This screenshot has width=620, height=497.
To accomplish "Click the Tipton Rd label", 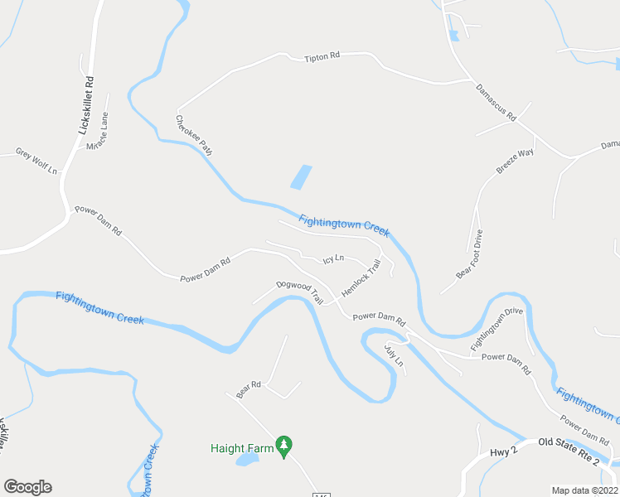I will click(322, 57).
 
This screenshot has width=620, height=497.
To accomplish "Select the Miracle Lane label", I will click(98, 133).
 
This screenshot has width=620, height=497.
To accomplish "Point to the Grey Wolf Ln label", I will click(36, 161).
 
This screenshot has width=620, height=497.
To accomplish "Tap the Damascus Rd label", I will click(496, 103).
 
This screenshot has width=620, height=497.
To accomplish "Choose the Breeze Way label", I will click(515, 161).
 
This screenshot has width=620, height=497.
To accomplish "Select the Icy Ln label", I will click(333, 259).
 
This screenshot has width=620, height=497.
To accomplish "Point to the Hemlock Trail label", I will click(361, 279).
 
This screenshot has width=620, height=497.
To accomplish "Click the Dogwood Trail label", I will click(299, 290).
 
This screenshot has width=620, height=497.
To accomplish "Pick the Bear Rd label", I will click(249, 389).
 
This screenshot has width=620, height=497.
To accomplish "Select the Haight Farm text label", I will click(241, 448).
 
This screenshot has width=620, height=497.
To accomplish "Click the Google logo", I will click(27, 487).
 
